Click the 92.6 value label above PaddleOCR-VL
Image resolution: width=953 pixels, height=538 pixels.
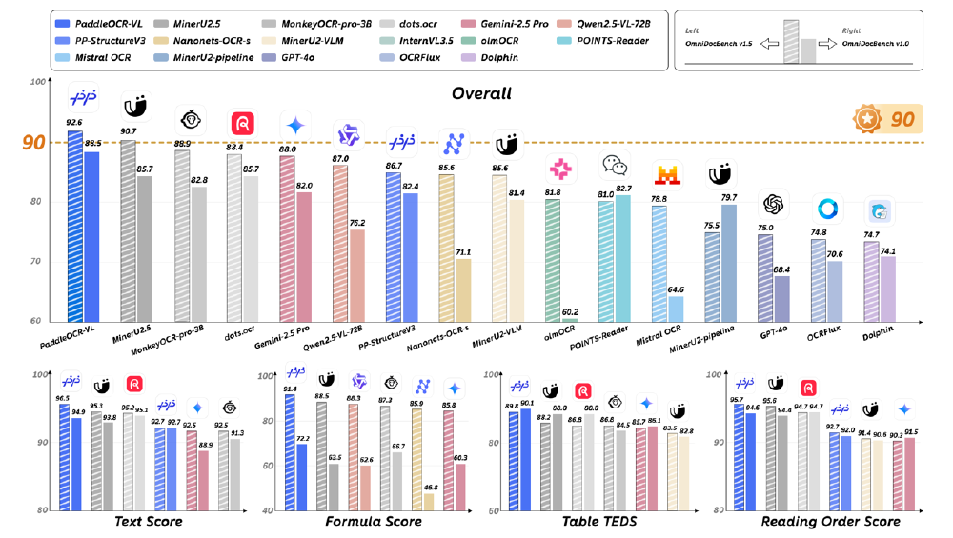pos(72,122)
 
